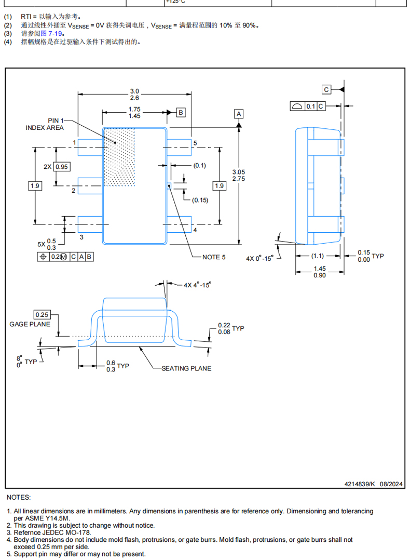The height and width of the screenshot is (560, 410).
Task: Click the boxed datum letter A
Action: pyautogui.click(x=239, y=114)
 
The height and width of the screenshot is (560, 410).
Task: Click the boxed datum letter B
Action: pyautogui.click(x=181, y=113)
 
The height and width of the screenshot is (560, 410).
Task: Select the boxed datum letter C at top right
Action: pyautogui.click(x=326, y=89)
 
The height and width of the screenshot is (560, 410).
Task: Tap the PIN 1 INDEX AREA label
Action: pyautogui.click(x=45, y=124)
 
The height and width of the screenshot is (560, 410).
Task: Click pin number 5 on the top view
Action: pyautogui.click(x=195, y=143)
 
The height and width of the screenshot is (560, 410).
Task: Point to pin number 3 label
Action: pyautogui.click(x=81, y=237)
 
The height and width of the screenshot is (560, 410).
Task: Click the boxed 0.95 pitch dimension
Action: pyautogui.click(x=62, y=167)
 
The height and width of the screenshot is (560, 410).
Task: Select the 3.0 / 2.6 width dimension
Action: pyautogui.click(x=134, y=95)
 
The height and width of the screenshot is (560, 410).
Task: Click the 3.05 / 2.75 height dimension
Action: pyautogui.click(x=239, y=176)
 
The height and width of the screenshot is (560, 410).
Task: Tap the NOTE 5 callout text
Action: pyautogui.click(x=214, y=257)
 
